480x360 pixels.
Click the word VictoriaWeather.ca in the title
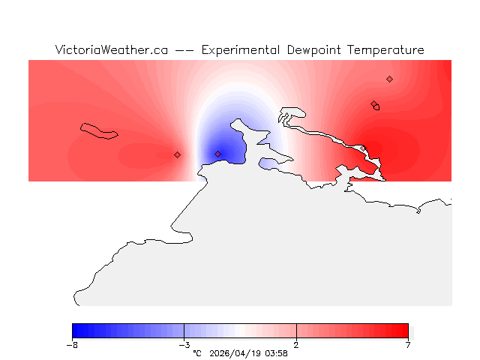tap(111, 50)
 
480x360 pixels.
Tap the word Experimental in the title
tap(241, 50)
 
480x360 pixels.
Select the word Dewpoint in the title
tap(316, 50)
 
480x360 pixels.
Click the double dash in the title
tap(184, 51)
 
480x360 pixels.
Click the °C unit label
tap(197, 353)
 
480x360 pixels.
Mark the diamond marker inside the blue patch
tap(217, 154)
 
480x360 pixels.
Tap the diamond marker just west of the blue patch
tap(177, 154)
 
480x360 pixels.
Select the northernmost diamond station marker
tap(389, 79)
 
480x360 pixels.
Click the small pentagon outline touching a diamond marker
tap(376, 107)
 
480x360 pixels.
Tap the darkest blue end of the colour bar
tap(76, 331)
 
